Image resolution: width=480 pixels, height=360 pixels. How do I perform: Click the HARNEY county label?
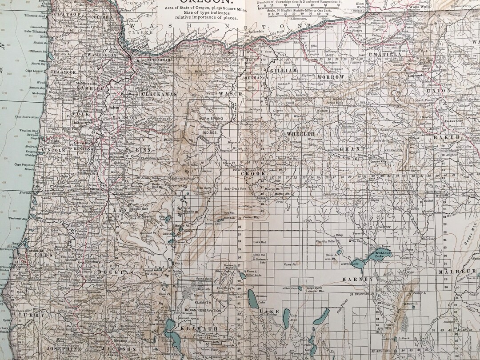357,279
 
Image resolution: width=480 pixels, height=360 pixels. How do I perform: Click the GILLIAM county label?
283,71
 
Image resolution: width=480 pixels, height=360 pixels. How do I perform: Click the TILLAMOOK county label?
63,72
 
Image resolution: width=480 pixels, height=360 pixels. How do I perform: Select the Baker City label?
453,121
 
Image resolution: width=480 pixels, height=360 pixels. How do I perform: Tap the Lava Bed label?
259,242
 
